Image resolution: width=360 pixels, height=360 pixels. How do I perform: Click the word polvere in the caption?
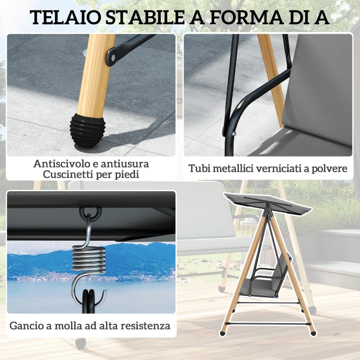point(330,169)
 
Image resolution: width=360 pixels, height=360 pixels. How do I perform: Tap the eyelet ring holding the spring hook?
point(90,212)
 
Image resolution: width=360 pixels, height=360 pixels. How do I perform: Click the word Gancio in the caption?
point(26,325)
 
